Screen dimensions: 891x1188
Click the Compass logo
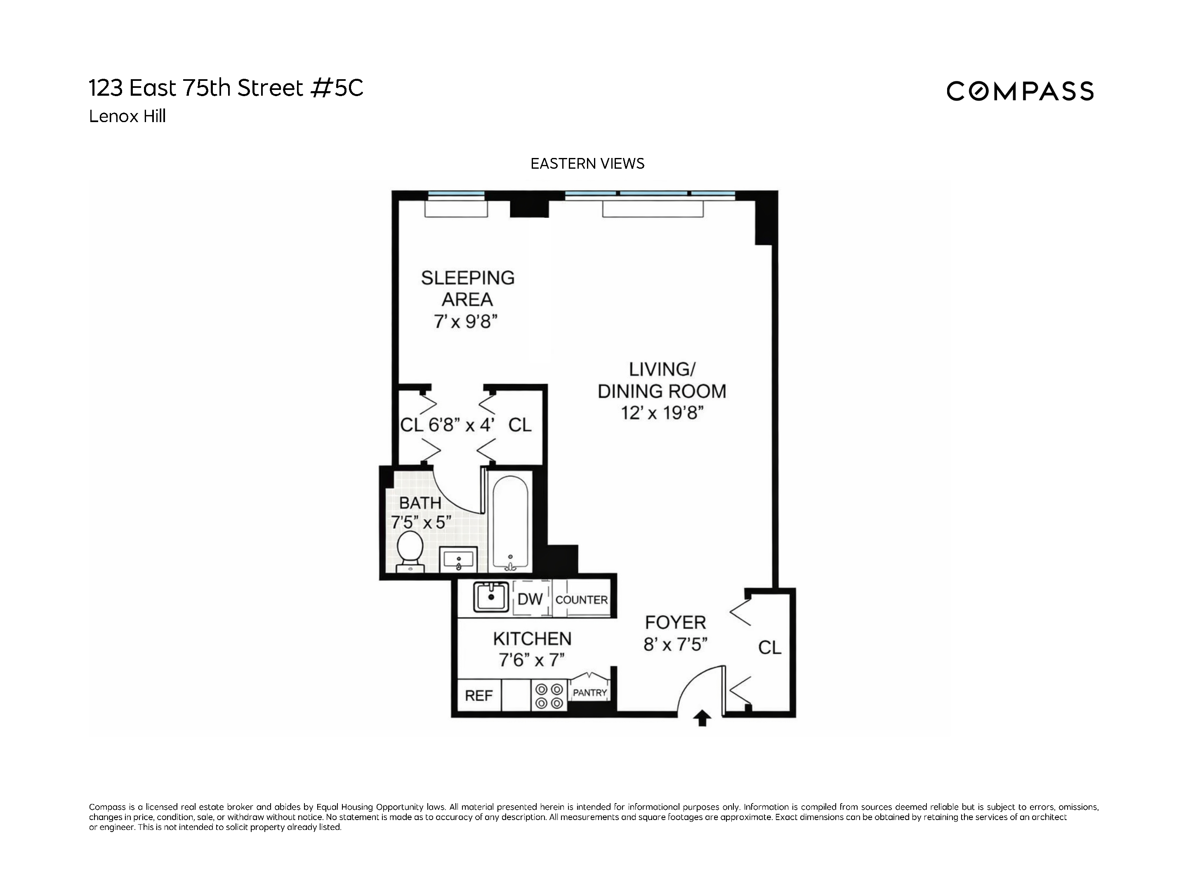1019,91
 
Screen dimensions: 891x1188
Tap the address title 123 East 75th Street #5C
226,88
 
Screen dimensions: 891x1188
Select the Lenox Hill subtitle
127,117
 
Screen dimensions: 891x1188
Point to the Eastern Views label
587,164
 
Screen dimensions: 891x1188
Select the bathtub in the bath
511,523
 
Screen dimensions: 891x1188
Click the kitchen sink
490,597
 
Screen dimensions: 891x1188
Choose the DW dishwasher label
530,599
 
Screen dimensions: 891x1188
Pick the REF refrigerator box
478,695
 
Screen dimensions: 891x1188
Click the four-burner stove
549,695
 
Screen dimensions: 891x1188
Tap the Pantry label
589,693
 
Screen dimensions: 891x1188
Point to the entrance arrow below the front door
702,719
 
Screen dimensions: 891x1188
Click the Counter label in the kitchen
581,600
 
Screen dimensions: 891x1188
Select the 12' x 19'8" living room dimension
662,413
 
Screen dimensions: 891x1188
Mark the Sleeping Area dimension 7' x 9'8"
466,322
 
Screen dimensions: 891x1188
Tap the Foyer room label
675,622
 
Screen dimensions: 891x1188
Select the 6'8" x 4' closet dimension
461,425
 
